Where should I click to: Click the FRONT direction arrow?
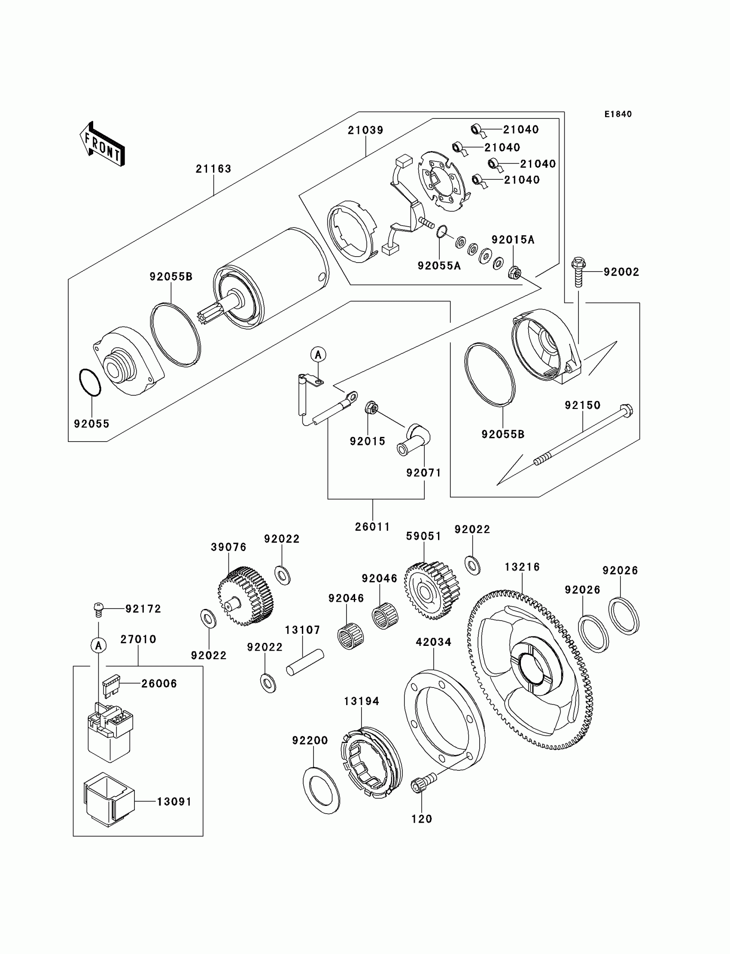click(103, 145)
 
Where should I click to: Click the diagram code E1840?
click(618, 114)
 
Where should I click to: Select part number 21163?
click(213, 169)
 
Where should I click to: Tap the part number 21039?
click(365, 130)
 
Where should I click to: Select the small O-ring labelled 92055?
click(90, 382)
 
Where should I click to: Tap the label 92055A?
click(439, 266)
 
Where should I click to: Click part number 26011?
click(372, 527)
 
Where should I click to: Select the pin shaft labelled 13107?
click(305, 662)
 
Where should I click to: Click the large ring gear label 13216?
click(522, 567)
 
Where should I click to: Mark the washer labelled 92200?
click(322, 790)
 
